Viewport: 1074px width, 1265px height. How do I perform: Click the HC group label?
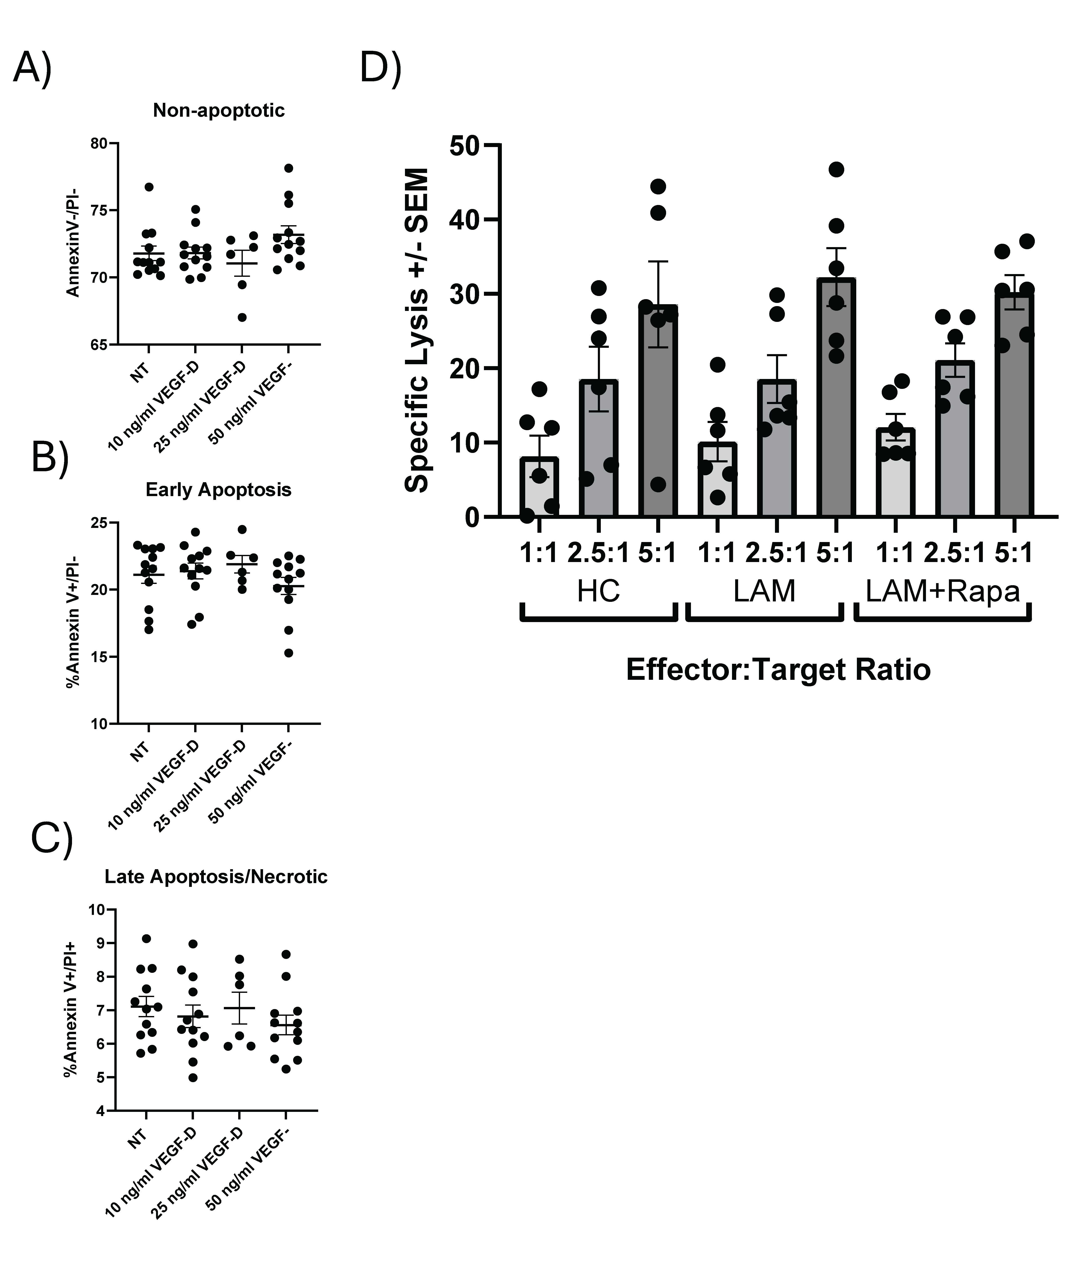[598, 591]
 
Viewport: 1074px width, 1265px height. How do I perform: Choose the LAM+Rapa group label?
[943, 591]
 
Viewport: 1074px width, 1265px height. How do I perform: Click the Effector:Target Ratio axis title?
[778, 670]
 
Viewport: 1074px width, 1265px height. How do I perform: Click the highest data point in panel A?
[289, 168]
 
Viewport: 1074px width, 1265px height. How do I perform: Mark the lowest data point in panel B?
[289, 653]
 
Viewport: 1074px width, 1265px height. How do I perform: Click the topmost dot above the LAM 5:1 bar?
[836, 169]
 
